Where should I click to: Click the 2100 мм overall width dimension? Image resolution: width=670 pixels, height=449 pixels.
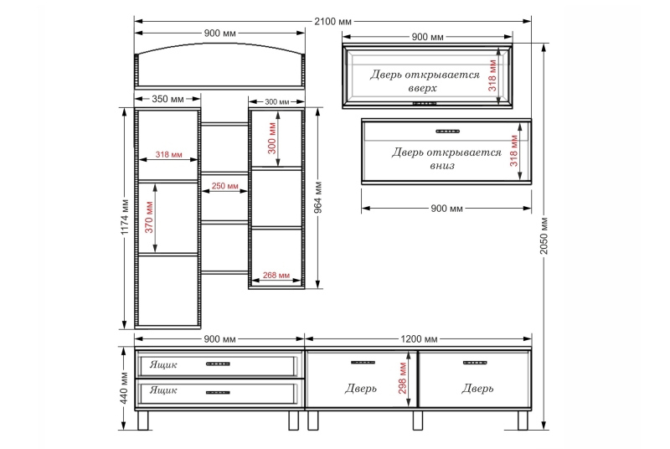click(332, 21)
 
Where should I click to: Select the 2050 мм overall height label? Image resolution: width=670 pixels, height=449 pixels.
click(544, 235)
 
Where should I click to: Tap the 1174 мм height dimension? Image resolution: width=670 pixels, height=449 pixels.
click(125, 217)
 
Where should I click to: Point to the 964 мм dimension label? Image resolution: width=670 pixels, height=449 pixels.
click(318, 198)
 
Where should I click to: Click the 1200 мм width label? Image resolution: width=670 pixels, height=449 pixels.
click(419, 339)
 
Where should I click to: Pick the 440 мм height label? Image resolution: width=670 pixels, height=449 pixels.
click(124, 388)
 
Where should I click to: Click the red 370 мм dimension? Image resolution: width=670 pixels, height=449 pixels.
click(149, 217)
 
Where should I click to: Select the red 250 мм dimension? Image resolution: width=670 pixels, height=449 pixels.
click(224, 186)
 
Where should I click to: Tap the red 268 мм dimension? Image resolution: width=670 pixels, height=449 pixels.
click(276, 275)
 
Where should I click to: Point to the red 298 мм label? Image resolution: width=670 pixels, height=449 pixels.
click(403, 379)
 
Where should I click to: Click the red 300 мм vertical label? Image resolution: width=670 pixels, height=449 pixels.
click(271, 138)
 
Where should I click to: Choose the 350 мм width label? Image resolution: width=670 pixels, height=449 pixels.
click(167, 99)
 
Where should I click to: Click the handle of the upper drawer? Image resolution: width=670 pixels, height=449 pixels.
click(218, 364)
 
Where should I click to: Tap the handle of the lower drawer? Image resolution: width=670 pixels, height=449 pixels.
click(218, 392)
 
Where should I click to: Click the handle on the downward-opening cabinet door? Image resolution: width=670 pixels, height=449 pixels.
click(447, 132)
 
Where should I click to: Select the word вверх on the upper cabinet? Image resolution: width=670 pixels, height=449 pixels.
click(422, 89)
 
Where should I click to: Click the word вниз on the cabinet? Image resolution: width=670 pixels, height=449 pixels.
click(442, 166)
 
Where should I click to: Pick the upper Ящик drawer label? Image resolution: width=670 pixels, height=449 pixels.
click(163, 364)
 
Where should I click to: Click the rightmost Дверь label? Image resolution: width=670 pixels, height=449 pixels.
click(477, 389)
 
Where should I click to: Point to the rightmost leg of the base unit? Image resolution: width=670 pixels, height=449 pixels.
click(523, 421)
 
